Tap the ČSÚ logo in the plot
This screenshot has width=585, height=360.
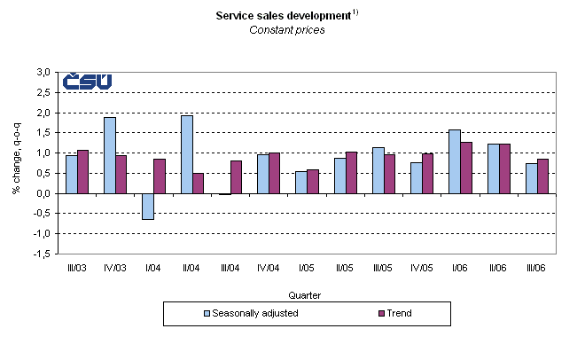[87, 82]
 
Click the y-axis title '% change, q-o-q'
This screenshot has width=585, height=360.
[17, 161]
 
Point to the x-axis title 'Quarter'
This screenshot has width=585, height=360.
[305, 293]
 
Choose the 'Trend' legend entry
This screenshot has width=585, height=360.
[398, 313]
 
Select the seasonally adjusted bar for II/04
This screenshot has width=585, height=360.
[187, 154]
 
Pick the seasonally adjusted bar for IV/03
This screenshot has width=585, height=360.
[110, 155]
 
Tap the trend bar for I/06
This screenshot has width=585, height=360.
[466, 168]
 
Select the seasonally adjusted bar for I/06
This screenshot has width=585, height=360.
[455, 161]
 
